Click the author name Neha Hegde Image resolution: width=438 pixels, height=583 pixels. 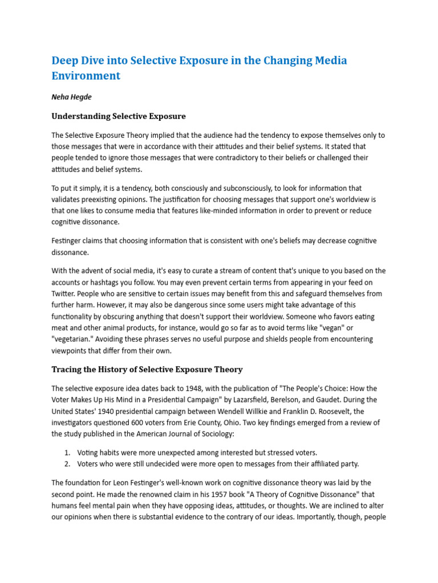click(72, 97)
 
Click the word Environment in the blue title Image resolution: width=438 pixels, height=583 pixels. click(86, 76)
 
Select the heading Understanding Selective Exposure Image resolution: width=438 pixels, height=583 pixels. click(119, 116)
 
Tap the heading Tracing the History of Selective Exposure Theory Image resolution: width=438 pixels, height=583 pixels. click(147, 369)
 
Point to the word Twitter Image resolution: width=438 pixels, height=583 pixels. click(65, 294)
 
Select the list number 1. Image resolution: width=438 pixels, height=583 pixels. click(67, 452)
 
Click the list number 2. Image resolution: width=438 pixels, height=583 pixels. click(67, 463)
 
